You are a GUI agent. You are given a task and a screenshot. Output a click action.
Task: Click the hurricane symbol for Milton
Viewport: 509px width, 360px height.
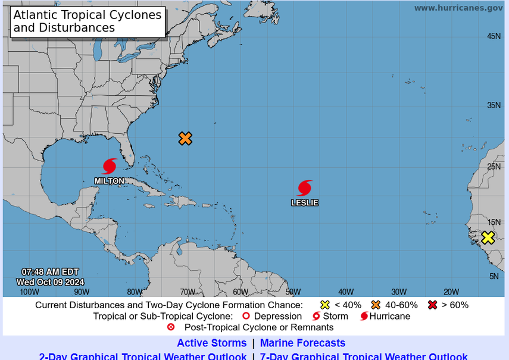pyautogui.click(x=110, y=166)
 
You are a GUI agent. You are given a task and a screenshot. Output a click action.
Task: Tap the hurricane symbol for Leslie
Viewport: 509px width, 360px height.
pyautogui.click(x=304, y=188)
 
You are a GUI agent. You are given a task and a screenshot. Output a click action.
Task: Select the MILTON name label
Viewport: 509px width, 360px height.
pyautogui.click(x=110, y=181)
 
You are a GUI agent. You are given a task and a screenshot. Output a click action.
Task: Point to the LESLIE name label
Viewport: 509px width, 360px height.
pyautogui.click(x=304, y=203)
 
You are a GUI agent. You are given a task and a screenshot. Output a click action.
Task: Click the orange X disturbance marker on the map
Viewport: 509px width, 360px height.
pyautogui.click(x=185, y=139)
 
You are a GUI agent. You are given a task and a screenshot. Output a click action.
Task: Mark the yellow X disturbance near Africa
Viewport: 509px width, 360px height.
pyautogui.click(x=488, y=237)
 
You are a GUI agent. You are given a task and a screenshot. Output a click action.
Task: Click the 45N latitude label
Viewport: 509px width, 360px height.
pyautogui.click(x=494, y=36)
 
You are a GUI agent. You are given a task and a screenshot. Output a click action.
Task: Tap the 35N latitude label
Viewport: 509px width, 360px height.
pyautogui.click(x=494, y=105)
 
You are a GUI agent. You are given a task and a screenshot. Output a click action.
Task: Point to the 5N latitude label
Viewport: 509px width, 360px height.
pyautogui.click(x=494, y=276)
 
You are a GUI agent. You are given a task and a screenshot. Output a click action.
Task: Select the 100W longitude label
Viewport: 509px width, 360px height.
pyautogui.click(x=29, y=292)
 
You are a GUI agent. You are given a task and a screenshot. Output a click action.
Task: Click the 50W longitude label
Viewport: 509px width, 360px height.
pyautogui.click(x=293, y=292)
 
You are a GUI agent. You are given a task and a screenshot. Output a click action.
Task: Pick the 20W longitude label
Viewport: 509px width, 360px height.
pyautogui.click(x=451, y=292)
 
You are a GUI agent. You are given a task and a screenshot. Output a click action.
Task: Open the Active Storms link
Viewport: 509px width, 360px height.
pyautogui.click(x=211, y=343)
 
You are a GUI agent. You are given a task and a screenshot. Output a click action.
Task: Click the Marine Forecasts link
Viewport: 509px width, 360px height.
pyautogui.click(x=302, y=343)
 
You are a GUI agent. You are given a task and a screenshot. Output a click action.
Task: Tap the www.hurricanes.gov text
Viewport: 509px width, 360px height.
pyautogui.click(x=458, y=8)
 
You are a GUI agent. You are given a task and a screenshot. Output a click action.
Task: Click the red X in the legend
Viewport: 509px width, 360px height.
pyautogui.click(x=433, y=305)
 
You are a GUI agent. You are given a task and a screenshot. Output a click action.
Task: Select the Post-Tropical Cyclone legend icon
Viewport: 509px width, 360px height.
pyautogui.click(x=171, y=327)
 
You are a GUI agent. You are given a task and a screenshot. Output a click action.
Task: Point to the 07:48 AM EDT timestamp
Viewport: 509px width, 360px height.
pyautogui.click(x=50, y=272)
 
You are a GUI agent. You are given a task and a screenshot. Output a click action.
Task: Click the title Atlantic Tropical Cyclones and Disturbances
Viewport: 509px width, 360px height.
pyautogui.click(x=88, y=21)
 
